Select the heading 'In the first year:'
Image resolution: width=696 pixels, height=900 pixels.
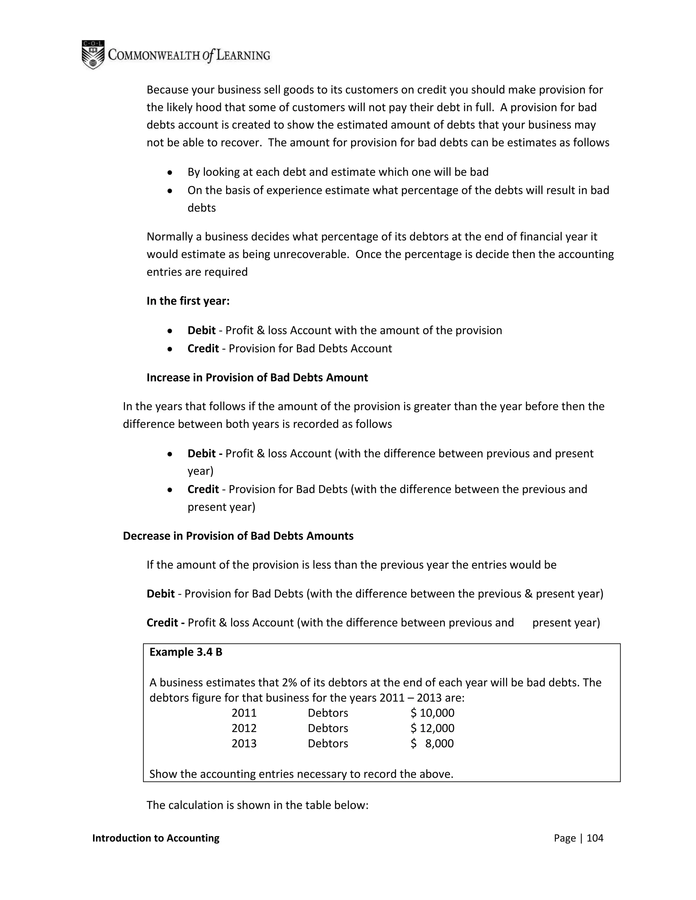point(188,301)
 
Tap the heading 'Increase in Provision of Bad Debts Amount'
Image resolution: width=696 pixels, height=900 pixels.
point(257,378)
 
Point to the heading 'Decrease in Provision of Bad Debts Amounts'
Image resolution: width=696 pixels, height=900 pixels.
point(238,536)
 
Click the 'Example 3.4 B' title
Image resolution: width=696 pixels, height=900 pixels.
point(186,652)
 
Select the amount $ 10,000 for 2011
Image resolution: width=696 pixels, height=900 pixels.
point(432,713)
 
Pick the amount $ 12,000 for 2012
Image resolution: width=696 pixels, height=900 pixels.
point(432,728)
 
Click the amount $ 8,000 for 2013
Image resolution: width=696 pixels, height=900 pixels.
point(432,744)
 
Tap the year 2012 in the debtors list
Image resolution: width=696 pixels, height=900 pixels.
point(244,728)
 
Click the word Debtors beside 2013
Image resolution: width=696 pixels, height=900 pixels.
point(328,744)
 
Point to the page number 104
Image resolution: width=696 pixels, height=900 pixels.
point(595,838)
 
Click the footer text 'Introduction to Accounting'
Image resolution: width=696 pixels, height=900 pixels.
point(156,838)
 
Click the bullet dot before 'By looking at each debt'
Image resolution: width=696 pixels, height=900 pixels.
point(170,173)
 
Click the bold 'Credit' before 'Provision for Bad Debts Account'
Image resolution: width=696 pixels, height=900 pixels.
point(203,349)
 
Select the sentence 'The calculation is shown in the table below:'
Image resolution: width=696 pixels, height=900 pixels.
point(257,805)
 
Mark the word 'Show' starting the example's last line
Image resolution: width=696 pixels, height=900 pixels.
point(163,774)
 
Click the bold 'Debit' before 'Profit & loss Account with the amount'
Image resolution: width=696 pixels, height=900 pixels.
point(201,330)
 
